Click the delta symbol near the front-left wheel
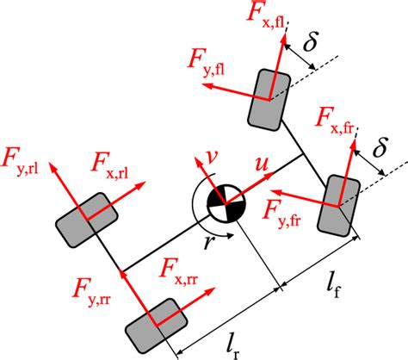312,41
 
